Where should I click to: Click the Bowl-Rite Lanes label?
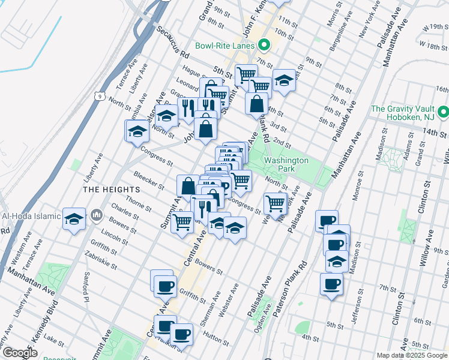click(225, 46)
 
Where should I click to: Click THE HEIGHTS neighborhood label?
click(103, 189)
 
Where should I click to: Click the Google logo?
click(19, 353)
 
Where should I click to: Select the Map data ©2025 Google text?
click(412, 355)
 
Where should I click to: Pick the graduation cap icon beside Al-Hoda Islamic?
click(74, 218)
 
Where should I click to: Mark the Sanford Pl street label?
click(88, 286)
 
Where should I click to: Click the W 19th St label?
click(436, 28)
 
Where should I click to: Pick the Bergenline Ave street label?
click(348, 37)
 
